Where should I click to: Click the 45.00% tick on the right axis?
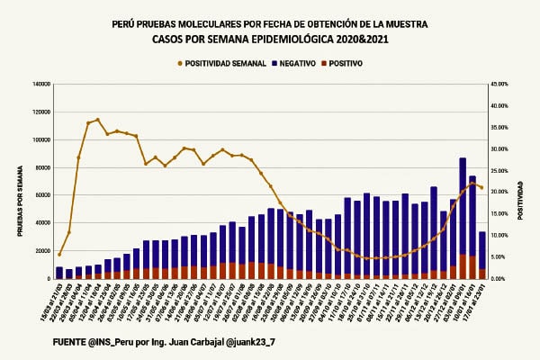pyautogui.click(x=499, y=85)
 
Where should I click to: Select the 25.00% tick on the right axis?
pyautogui.click(x=499, y=171)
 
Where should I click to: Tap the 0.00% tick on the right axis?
pyautogui.click(x=498, y=278)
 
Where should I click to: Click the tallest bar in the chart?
pyautogui.click(x=462, y=216)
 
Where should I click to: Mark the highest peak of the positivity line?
pyautogui.click(x=98, y=120)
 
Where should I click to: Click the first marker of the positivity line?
pyautogui.click(x=59, y=255)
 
